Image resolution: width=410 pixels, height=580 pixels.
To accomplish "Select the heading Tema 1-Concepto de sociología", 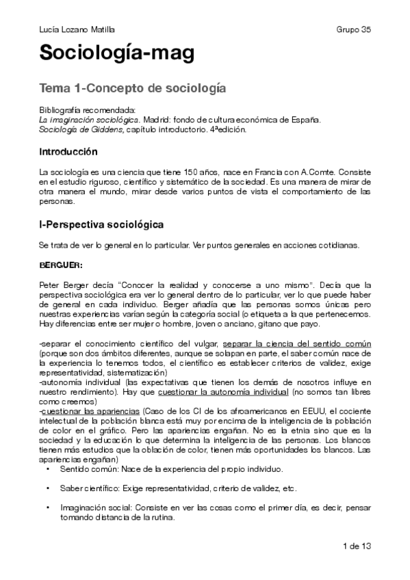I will pos(133,89).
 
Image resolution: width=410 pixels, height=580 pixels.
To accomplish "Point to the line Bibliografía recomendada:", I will pos(88,110).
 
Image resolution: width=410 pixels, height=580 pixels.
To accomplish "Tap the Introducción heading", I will pos(68,151).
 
